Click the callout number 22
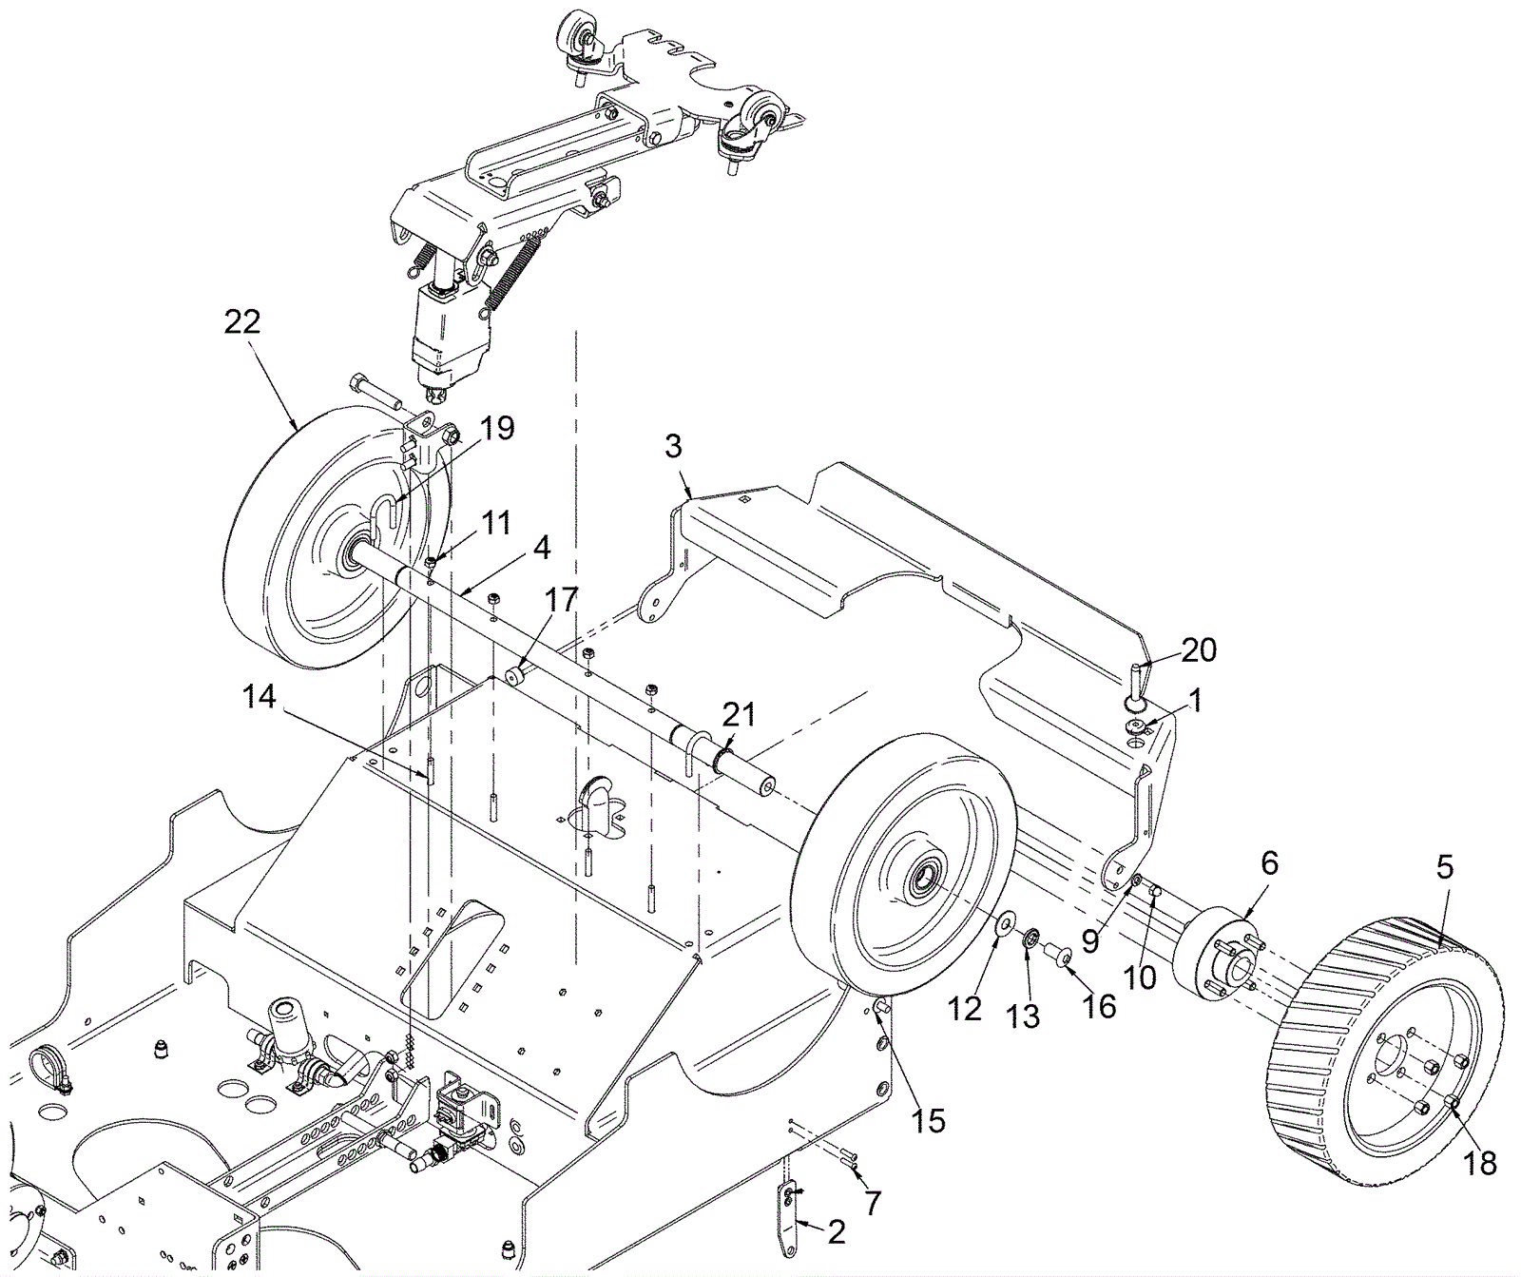241,322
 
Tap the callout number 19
496,429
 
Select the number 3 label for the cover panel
673,446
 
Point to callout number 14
259,698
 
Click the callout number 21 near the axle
739,714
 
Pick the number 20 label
1198,650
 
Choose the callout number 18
1480,1162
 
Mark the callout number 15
929,1121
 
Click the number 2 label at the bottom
836,1232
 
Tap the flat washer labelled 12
1005,923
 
